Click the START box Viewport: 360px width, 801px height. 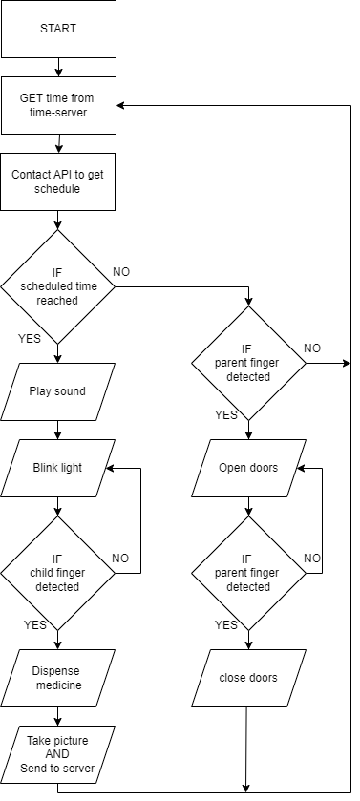click(x=58, y=29)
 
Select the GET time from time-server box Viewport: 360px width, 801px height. click(x=58, y=105)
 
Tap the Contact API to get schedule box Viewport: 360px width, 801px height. click(x=57, y=181)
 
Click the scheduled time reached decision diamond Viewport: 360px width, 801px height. click(x=57, y=286)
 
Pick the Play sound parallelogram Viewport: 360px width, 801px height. click(x=57, y=391)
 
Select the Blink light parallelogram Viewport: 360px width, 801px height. click(x=57, y=468)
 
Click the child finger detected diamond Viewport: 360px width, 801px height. click(x=57, y=573)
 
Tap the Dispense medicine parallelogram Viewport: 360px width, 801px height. click(x=57, y=678)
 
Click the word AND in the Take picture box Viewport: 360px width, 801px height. click(x=57, y=754)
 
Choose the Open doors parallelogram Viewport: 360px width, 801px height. click(x=248, y=468)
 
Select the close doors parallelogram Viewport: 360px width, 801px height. click(x=248, y=678)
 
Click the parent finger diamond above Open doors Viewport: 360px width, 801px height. click(x=248, y=363)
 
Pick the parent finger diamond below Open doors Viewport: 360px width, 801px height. click(x=248, y=573)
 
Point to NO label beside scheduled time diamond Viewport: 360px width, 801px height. click(x=121, y=272)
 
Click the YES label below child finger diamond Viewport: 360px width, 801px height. click(x=34, y=624)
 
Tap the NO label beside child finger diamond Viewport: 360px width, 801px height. click(x=120, y=559)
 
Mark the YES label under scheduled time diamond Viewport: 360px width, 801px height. click(x=29, y=339)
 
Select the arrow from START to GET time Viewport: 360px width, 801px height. click(x=58, y=67)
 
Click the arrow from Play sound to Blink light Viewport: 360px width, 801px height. click(x=57, y=431)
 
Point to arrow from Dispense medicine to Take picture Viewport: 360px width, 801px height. click(x=57, y=717)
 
